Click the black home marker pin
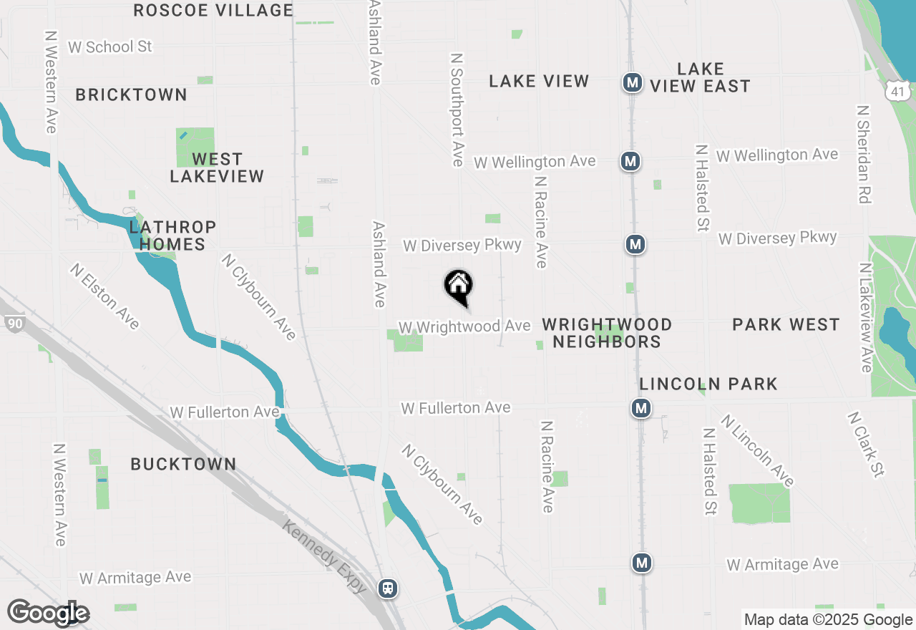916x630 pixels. (x=459, y=286)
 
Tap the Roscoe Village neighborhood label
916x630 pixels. (x=213, y=10)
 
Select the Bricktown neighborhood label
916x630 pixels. (x=131, y=94)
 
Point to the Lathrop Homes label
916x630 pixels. (x=172, y=236)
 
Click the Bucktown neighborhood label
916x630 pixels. (x=183, y=464)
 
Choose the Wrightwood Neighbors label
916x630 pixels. (x=607, y=333)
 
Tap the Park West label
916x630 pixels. (x=786, y=324)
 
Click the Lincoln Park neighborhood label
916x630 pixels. (x=708, y=384)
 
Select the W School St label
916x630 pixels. (x=110, y=47)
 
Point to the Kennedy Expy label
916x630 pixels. (x=326, y=556)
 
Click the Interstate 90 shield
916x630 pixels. (x=13, y=324)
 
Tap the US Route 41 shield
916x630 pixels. (x=897, y=90)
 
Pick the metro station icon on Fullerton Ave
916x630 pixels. (x=640, y=409)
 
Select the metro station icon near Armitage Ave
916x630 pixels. (x=642, y=563)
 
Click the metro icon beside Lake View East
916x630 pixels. (x=631, y=82)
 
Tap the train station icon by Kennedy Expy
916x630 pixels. (x=388, y=588)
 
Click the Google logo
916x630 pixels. (x=48, y=614)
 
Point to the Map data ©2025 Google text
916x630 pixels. (x=828, y=620)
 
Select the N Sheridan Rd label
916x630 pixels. (x=863, y=154)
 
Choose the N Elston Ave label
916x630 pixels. (x=104, y=296)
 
